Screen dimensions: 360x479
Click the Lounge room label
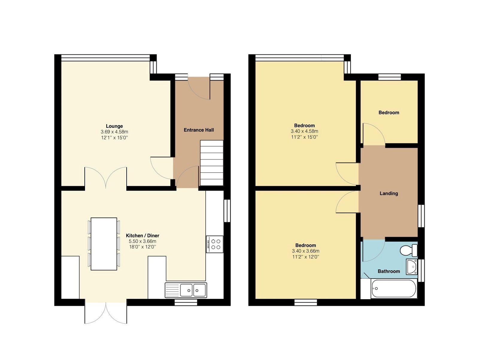pyautogui.click(x=114, y=126)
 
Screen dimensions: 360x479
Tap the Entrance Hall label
pyautogui.click(x=198, y=130)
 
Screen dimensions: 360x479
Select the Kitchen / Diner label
pyautogui.click(x=143, y=236)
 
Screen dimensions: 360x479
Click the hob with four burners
pyautogui.click(x=215, y=244)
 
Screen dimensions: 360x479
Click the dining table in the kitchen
pyautogui.click(x=104, y=244)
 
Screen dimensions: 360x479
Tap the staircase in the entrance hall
pyautogui.click(x=212, y=163)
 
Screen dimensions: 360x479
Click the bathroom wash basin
pyautogui.click(x=412, y=266)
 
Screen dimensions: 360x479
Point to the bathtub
pyautogui.click(x=394, y=289)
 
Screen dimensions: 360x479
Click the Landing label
pyautogui.click(x=389, y=193)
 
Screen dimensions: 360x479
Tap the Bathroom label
pyautogui.click(x=389, y=271)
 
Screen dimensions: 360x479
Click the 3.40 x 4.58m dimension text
pyautogui.click(x=304, y=131)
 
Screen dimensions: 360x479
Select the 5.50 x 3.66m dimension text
pyautogui.click(x=143, y=241)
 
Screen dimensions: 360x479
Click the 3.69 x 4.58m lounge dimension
pyautogui.click(x=114, y=132)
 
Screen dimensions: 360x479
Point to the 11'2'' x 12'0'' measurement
pyautogui.click(x=305, y=257)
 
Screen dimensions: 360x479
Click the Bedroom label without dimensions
pyautogui.click(x=389, y=113)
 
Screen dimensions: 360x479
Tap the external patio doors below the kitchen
pyautogui.click(x=106, y=313)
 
